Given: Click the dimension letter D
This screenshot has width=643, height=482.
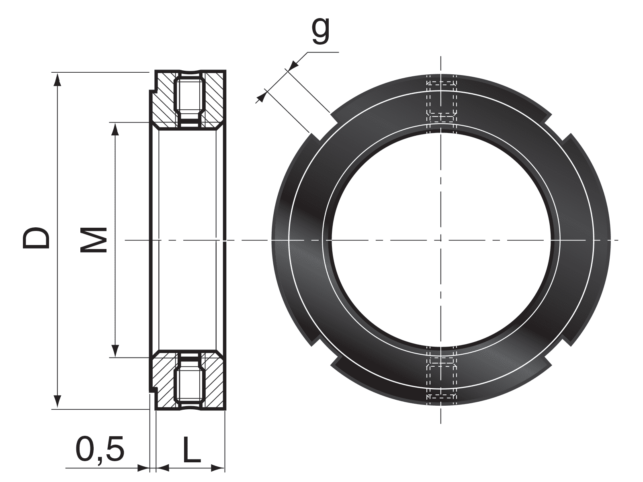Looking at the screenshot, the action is click(36, 238).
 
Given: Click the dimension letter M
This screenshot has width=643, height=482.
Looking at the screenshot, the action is click(93, 239).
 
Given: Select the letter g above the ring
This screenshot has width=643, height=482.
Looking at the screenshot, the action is click(320, 32).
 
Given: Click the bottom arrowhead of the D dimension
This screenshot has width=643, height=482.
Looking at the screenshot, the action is click(58, 402).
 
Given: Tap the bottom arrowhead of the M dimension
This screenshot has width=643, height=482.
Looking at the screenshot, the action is click(116, 351).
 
